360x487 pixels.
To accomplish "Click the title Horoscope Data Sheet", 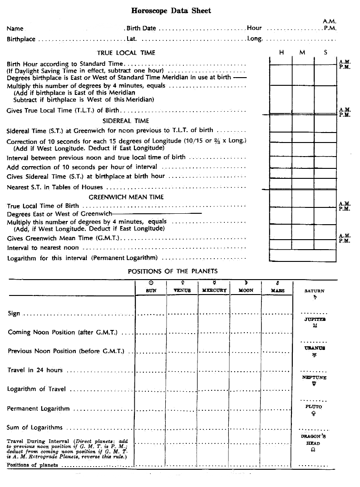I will coord(171,10).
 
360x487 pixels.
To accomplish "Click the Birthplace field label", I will coord(21,39).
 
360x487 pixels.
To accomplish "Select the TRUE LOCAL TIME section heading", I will coord(126,53).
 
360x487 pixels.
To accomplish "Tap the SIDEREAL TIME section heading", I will coord(126,121).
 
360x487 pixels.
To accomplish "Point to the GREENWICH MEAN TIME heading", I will coord(126,197).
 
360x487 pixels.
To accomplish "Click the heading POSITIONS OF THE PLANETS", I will coord(173,271).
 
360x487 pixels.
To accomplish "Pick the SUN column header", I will coord(151,290).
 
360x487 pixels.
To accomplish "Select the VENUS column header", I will coord(182,290).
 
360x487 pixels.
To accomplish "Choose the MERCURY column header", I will coord(214,290).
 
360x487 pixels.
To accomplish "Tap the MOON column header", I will coord(246,290).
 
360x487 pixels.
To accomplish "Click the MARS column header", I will coord(277,290).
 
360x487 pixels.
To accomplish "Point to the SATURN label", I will coord(314,291).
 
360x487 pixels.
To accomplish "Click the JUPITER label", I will coord(314,320).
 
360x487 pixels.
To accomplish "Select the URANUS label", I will coord(314,348).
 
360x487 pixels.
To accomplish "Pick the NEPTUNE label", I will coord(314,378).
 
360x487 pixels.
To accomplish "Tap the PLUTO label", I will coord(314,407).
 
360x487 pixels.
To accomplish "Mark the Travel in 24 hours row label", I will coord(35,370).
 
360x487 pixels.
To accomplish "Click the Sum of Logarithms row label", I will coord(35,428).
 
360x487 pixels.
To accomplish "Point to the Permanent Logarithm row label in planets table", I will coord(38,408).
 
